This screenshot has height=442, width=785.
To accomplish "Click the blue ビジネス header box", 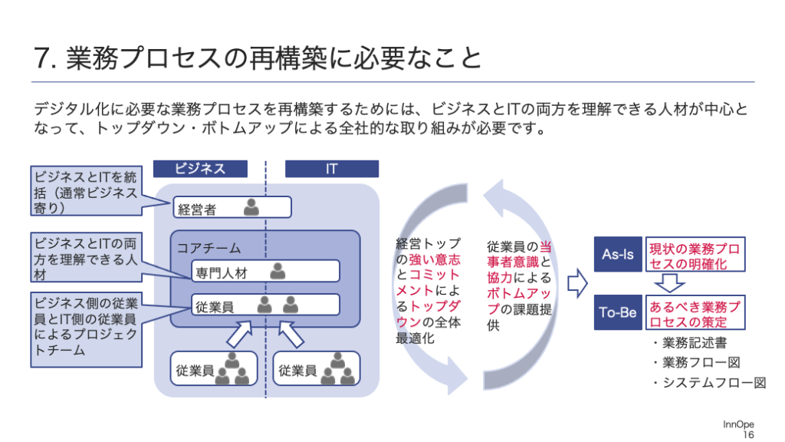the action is click(x=200, y=169).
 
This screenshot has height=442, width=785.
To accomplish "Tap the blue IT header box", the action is click(x=331, y=169).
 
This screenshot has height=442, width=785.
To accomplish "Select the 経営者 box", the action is click(x=232, y=207).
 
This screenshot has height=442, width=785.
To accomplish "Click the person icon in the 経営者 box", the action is click(x=251, y=206).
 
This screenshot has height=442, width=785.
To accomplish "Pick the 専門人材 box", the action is click(x=265, y=271).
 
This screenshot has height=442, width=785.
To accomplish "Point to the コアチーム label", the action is click(x=209, y=248).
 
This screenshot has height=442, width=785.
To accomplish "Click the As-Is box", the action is click(x=618, y=254).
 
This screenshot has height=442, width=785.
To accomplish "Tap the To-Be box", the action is click(x=618, y=312).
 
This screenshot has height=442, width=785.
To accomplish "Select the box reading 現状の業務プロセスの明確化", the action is click(x=695, y=254).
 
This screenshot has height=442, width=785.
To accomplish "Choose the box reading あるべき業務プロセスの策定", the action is click(x=695, y=312).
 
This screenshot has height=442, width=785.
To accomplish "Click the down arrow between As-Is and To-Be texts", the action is click(x=669, y=283).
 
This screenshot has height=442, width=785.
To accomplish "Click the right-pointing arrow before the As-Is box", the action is click(x=577, y=283).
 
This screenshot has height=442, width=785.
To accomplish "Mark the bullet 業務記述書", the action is click(x=690, y=343).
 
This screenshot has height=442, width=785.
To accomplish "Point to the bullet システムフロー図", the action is click(x=709, y=383).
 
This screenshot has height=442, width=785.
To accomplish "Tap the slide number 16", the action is click(x=748, y=434).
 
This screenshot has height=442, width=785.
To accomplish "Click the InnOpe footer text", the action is click(x=738, y=424).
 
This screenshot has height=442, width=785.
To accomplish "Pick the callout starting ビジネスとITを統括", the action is click(x=86, y=191).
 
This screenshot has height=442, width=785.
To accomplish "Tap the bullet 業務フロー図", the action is click(x=696, y=363).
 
